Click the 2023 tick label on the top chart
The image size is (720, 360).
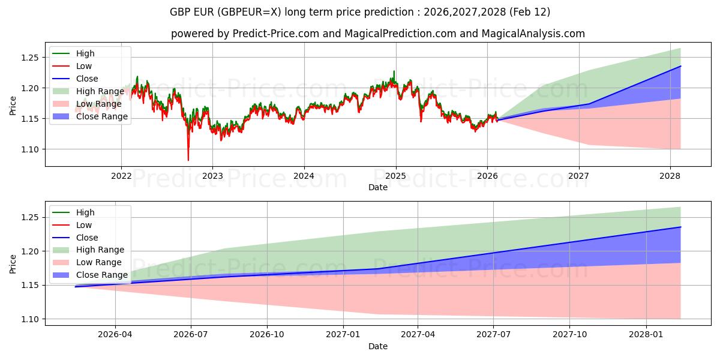click(212, 175)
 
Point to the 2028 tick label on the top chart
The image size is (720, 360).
click(670, 175)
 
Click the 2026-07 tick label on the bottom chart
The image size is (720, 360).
click(191, 334)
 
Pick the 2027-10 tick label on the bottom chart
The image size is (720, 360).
click(571, 334)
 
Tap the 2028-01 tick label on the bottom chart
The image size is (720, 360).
click(647, 334)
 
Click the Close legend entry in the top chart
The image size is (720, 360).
click(87, 79)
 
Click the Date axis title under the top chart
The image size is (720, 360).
click(378, 187)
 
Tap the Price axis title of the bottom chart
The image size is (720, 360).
click(13, 263)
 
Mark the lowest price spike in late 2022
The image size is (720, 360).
click(188, 160)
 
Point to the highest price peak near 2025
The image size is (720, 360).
click(394, 71)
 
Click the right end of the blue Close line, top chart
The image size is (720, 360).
click(680, 67)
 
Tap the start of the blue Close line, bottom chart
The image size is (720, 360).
click(76, 287)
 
